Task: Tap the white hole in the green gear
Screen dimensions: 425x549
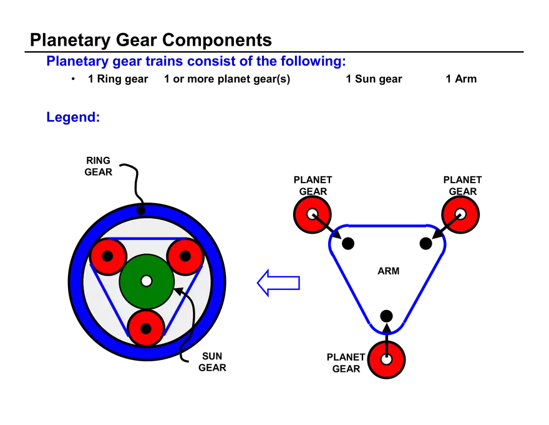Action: point(147,281)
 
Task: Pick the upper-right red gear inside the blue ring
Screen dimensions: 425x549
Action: point(185,256)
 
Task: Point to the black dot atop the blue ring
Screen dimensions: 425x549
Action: point(141,210)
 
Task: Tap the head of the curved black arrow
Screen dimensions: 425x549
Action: point(177,290)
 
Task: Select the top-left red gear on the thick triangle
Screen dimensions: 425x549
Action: point(312,214)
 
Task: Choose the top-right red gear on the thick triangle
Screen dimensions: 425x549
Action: point(460,214)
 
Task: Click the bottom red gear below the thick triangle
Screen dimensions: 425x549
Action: point(386,360)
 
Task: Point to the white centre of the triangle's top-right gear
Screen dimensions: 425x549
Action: point(460,214)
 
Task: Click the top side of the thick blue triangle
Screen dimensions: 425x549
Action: point(387,226)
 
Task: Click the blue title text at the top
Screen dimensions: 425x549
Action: point(195,62)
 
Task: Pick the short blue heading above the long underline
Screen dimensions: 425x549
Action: point(72,117)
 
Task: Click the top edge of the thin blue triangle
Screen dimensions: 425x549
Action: point(147,239)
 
